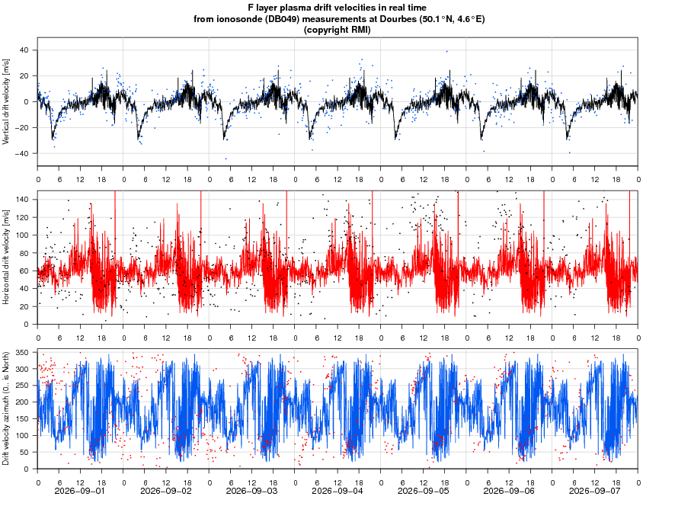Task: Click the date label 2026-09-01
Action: click(x=80, y=491)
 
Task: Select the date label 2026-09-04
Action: click(x=337, y=491)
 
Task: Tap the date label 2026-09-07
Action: click(x=594, y=491)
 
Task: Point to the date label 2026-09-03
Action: click(x=251, y=491)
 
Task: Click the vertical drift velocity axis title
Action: click(x=6, y=101)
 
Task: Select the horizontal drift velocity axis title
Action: click(x=6, y=257)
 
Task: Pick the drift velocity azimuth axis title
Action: click(x=6, y=408)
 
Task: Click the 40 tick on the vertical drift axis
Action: click(x=24, y=50)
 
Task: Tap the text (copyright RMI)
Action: click(x=337, y=30)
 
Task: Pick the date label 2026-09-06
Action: click(x=508, y=491)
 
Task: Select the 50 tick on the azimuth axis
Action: click(x=24, y=452)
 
